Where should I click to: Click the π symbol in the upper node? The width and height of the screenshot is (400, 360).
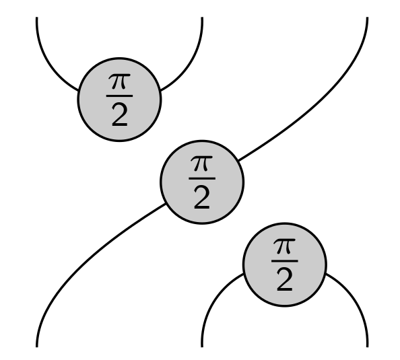tap(119, 81)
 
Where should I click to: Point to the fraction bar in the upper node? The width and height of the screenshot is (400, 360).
tap(119, 96)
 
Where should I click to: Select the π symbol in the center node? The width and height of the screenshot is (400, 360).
tap(202, 164)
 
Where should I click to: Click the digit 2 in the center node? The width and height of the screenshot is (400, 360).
tap(202, 198)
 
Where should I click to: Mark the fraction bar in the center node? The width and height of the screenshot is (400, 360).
tap(202, 178)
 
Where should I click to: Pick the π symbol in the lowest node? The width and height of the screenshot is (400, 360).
tap(284, 246)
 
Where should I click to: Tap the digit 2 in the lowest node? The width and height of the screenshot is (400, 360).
tap(284, 280)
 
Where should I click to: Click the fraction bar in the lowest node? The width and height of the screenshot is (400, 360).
tap(284, 261)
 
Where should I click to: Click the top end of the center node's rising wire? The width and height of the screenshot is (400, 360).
tap(368, 17)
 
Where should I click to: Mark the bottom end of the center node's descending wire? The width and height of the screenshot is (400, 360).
tap(37, 347)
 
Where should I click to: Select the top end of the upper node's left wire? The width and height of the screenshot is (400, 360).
tap(37, 17)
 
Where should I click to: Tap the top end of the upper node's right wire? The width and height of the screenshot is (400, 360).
tap(202, 17)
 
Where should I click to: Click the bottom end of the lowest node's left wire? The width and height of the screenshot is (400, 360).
tap(202, 347)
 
